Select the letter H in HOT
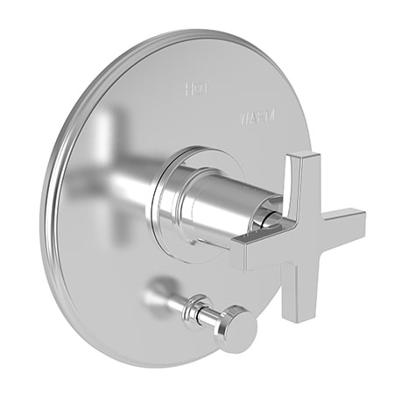click(x=188, y=88)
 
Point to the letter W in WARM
click(x=242, y=115)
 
